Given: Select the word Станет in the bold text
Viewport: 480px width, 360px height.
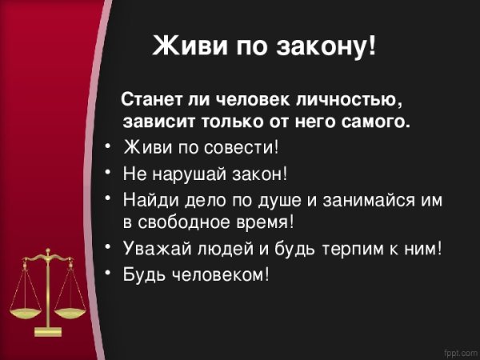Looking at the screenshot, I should tap(145, 102).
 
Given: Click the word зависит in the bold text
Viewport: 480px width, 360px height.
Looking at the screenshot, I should tap(157, 122).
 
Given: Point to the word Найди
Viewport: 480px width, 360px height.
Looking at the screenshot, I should tap(147, 197).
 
